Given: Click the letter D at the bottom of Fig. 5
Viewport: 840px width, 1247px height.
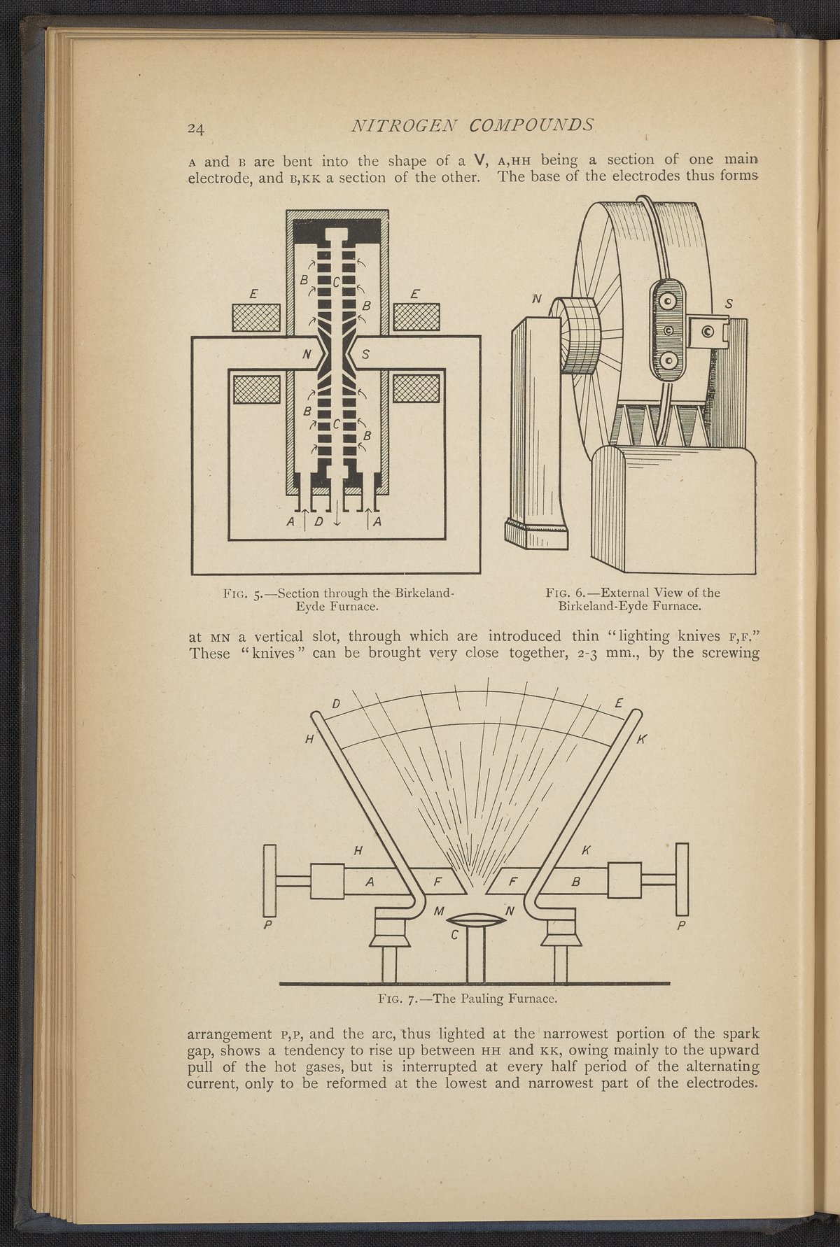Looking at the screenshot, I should tap(318, 521).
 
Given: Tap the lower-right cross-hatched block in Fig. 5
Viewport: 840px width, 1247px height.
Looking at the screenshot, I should tap(416, 388).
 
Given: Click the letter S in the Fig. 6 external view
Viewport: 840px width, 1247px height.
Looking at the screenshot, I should tap(729, 304).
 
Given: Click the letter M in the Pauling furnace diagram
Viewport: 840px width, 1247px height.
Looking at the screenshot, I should tap(440, 910).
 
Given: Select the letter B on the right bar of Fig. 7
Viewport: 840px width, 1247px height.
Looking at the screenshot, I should tap(576, 882).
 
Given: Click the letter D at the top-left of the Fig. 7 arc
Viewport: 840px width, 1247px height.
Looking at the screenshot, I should tap(336, 704).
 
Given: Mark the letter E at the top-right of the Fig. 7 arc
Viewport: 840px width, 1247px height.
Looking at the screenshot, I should tap(618, 704).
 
